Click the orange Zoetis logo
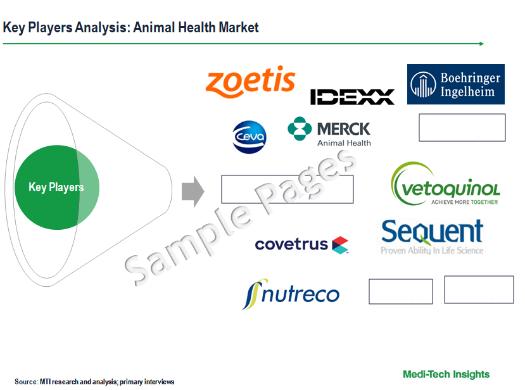(x=250, y=81)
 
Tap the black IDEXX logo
(x=352, y=97)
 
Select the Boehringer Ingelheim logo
(x=456, y=84)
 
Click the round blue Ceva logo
(x=250, y=137)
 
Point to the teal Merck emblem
(x=300, y=129)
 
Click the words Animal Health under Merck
(x=344, y=143)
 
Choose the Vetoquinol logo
(x=445, y=184)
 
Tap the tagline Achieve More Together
(x=464, y=202)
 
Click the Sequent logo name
(x=432, y=231)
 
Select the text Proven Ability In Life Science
(x=432, y=251)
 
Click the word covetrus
(x=291, y=244)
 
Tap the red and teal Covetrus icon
(x=340, y=245)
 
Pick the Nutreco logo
(x=291, y=294)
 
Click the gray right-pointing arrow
(x=193, y=191)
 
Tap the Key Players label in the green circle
(x=56, y=187)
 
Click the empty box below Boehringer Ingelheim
(x=462, y=127)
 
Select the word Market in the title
(x=238, y=27)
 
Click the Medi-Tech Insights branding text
(x=446, y=374)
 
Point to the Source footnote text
(x=94, y=382)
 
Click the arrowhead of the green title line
(x=482, y=44)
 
